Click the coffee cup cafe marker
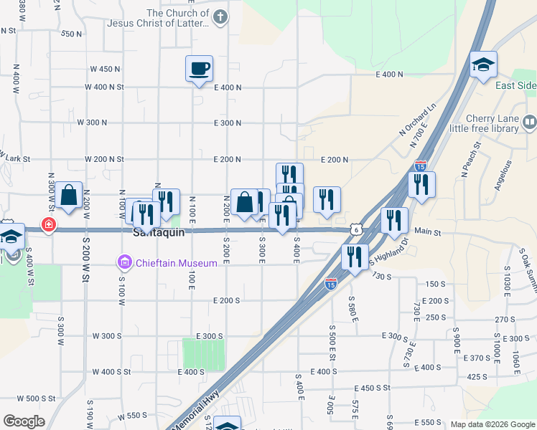pos(199,70)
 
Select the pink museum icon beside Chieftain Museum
pos(125,263)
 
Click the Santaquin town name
pos(159,233)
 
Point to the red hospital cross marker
pos(48,225)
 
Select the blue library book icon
pos(530,122)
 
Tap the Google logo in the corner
pos(24,421)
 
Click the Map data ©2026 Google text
pos(492,424)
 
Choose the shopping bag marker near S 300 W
pos(68,196)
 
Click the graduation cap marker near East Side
pos(483,65)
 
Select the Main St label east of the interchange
pos(429,232)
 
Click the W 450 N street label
pos(105,69)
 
